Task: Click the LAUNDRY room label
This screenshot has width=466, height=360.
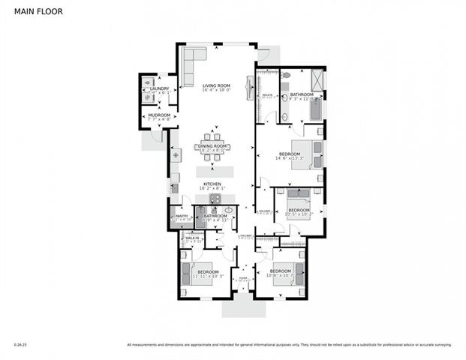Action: (x=159, y=88)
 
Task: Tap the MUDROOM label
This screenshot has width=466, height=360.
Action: (x=158, y=115)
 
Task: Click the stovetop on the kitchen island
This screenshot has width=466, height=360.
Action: (x=214, y=199)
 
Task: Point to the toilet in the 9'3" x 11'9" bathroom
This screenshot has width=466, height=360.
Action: (x=285, y=76)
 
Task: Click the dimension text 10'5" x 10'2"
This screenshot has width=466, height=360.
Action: (x=298, y=214)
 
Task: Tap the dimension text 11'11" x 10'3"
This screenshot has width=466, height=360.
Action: (x=208, y=277)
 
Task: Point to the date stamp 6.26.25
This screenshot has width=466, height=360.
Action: (x=20, y=345)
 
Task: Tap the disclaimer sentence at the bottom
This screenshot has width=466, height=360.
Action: (x=289, y=345)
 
